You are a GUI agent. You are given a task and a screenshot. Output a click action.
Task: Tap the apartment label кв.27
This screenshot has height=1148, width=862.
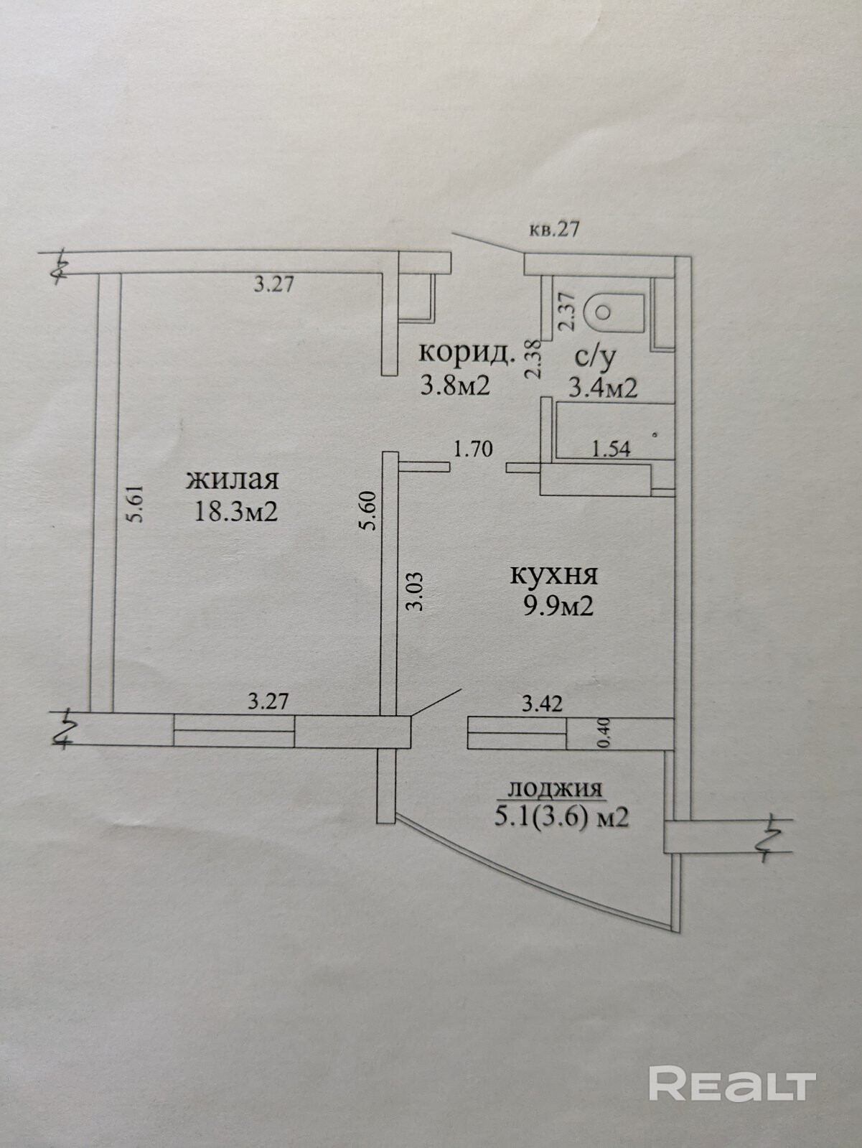[x=553, y=230]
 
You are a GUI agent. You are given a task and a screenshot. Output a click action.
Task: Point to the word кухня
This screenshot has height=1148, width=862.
[x=553, y=575]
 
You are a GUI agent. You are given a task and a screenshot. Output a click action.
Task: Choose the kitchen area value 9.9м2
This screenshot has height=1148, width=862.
[x=558, y=607]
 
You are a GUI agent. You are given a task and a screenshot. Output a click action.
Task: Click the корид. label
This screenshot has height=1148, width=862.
[x=467, y=353]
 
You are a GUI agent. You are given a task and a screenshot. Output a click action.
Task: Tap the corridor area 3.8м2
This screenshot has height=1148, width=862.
[x=455, y=386]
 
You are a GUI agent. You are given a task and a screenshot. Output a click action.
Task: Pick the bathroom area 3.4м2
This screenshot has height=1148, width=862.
[x=603, y=388]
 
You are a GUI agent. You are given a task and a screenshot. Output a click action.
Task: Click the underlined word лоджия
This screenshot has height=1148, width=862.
[x=554, y=790]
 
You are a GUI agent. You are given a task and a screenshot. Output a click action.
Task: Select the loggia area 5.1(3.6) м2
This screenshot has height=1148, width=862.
[x=561, y=817]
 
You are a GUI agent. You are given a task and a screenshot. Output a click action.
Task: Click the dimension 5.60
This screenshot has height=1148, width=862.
[x=369, y=511]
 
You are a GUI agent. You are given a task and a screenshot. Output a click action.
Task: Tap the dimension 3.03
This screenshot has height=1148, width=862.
[x=415, y=590]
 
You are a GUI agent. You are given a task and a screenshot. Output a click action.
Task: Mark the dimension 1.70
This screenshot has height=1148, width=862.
[x=473, y=450]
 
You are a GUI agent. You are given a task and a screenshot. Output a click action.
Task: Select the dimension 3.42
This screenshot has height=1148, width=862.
[x=542, y=704]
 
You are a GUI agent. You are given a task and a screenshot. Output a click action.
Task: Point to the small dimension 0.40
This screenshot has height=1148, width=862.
[x=604, y=732]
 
